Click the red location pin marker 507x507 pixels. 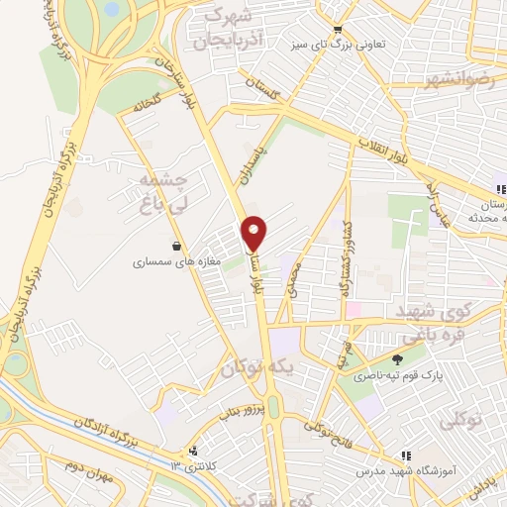255,232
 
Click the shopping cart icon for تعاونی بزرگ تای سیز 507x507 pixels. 339,30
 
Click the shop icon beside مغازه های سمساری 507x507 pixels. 177,247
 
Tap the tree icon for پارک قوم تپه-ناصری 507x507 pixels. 397,359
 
